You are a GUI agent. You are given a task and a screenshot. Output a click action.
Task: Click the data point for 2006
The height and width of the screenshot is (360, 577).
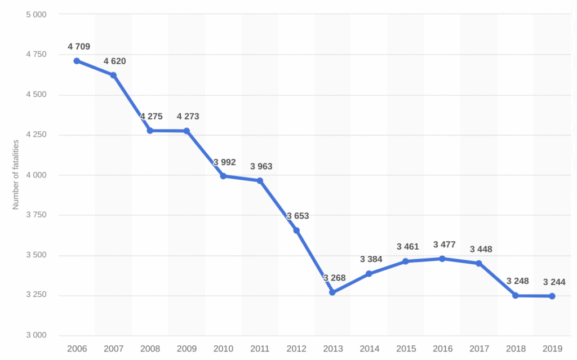[x=77, y=61]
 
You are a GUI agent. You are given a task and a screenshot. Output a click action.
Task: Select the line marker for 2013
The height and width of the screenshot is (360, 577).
[x=332, y=292]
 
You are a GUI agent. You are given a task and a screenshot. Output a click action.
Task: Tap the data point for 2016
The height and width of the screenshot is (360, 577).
[x=442, y=259]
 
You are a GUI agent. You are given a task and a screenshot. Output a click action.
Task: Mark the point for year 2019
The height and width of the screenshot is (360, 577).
[x=552, y=296]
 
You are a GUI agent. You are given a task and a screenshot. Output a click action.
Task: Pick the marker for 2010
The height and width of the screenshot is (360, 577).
[x=223, y=176]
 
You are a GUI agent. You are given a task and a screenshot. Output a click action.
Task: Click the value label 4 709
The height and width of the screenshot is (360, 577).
[x=78, y=47]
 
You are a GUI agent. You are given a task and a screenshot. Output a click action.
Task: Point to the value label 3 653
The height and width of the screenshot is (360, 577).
[x=298, y=216]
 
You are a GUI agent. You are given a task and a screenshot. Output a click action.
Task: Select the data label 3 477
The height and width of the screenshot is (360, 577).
[x=444, y=245]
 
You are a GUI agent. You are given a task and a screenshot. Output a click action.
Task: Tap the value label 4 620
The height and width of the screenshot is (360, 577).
[x=114, y=61]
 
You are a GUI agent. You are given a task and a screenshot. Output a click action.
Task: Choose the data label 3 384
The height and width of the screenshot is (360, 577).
[x=371, y=259]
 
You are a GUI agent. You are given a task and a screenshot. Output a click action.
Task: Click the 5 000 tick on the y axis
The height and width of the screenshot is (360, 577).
[x=36, y=14]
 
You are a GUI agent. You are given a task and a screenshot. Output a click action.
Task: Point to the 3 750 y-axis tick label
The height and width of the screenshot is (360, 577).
[x=36, y=215]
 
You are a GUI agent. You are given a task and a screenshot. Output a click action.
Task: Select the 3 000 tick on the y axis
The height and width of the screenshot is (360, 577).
[x=36, y=336]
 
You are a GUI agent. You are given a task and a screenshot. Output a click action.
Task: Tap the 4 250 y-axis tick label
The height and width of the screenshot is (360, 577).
[x=36, y=135]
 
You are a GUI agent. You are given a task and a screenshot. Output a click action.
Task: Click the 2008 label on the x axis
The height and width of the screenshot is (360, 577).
[x=150, y=349]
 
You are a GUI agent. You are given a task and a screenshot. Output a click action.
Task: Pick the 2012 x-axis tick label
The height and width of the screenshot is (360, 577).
[x=296, y=349]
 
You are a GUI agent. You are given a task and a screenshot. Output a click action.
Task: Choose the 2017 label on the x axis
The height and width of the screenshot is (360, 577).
[x=479, y=349]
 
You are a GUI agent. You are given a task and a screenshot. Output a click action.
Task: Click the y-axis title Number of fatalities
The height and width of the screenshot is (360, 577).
[x=16, y=175]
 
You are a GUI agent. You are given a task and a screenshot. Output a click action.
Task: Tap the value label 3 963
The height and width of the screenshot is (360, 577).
[x=261, y=166]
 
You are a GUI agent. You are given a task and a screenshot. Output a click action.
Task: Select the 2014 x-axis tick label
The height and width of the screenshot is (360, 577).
[x=369, y=349]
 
